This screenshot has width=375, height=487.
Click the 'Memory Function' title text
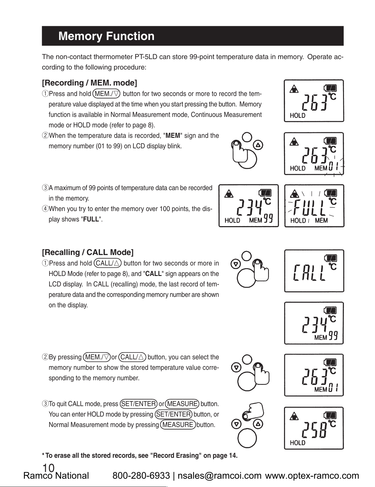coord(106,36)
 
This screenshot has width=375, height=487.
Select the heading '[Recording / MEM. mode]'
coord(89,83)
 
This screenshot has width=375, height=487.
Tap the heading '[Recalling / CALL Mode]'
coord(88,252)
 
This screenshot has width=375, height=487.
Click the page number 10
coord(49,468)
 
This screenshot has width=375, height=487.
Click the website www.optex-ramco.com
coord(312,476)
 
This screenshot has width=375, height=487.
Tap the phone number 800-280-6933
coord(141,476)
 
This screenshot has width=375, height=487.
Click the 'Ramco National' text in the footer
coord(56,476)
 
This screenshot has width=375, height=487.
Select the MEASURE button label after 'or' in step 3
coord(182,404)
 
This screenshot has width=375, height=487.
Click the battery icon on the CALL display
coord(331,257)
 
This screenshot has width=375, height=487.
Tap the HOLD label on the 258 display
coord(298,443)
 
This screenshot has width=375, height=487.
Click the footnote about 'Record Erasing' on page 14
coord(140,456)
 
